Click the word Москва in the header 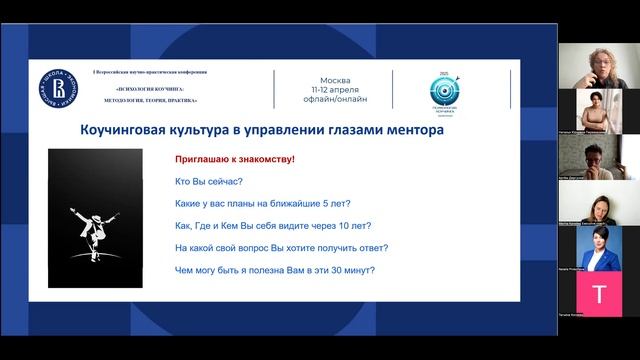coord(335,79)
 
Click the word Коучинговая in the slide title coord(124,129)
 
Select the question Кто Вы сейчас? coord(208,181)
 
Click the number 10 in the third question coord(351,225)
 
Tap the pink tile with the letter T coord(599,294)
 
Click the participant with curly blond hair coord(599,62)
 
